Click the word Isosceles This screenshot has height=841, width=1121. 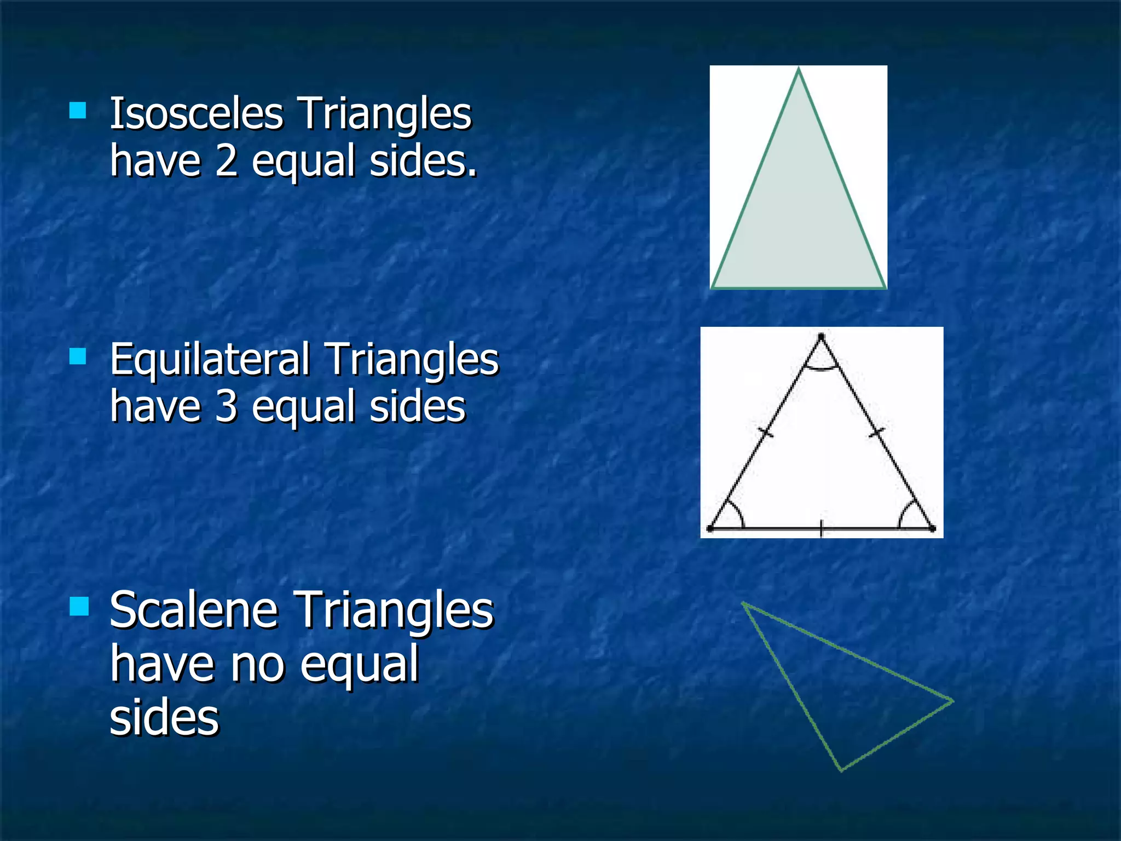(196, 114)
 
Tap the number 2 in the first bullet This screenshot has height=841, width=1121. (226, 162)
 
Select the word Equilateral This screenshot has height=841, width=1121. (210, 360)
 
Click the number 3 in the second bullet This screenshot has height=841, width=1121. (226, 407)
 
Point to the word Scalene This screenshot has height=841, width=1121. (194, 610)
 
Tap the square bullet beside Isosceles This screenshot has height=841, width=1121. (78, 111)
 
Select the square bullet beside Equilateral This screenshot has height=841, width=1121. (78, 356)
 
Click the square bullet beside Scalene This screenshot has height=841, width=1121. (79, 607)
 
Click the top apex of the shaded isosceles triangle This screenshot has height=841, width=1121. (799, 69)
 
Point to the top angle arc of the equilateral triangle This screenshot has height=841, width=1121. (821, 368)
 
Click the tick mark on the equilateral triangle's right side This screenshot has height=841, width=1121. (877, 433)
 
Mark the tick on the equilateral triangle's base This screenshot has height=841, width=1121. (821, 528)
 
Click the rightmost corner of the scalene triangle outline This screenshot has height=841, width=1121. (952, 701)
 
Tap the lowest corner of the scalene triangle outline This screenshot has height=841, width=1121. (841, 770)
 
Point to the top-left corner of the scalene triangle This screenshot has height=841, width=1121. (743, 604)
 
